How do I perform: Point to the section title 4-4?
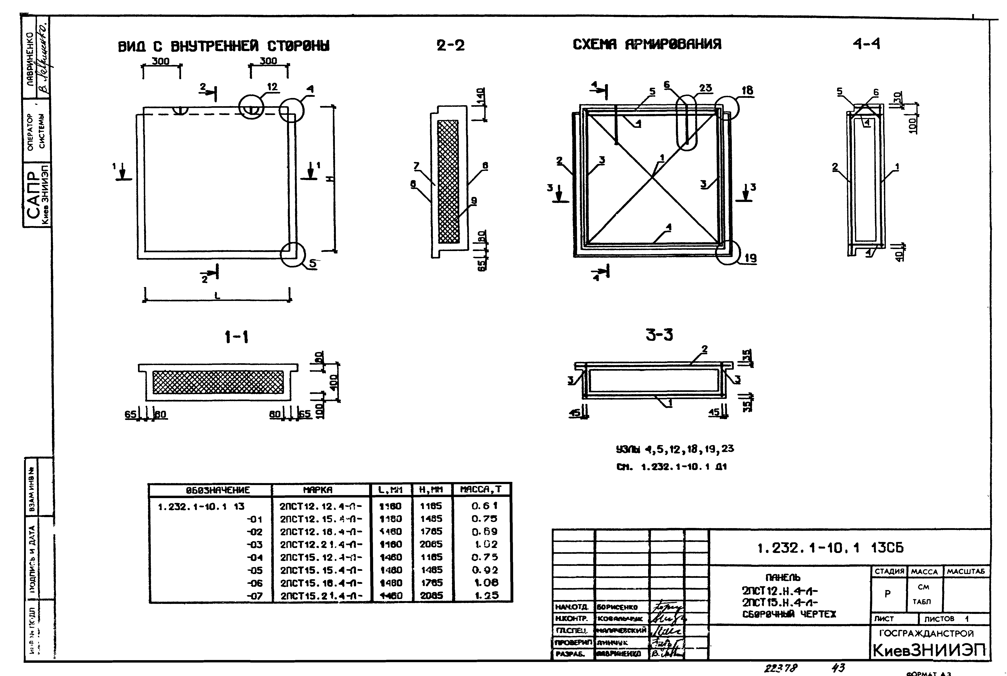[867, 44]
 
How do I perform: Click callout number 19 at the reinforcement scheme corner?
[750, 258]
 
